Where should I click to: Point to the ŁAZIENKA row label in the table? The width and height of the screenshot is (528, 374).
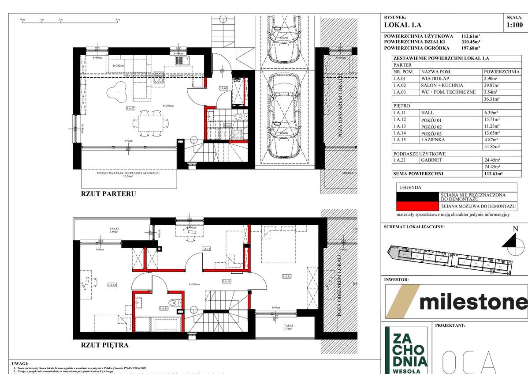pos(433,140)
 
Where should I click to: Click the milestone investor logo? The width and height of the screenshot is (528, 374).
pos(456,302)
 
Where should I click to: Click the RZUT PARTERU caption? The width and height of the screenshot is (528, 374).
pos(108,193)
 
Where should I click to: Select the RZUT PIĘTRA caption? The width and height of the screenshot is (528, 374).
pos(105,345)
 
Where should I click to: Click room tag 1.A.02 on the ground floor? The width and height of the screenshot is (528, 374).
pos(130,108)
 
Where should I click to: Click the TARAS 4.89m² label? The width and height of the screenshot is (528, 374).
pos(114,230)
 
